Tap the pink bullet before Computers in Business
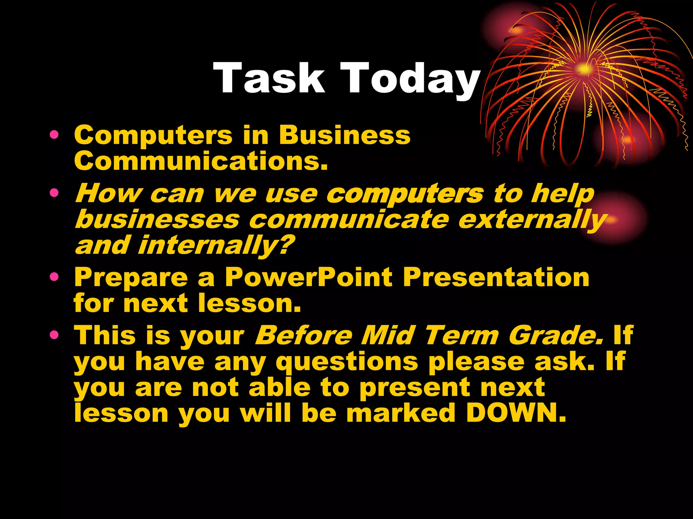coord(54,135)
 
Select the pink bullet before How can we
coord(54,193)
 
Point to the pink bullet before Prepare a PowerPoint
coord(54,277)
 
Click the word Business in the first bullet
coord(344,135)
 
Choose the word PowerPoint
coord(309,277)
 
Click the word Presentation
coord(496,277)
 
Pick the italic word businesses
coord(158,220)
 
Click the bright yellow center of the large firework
coord(583,69)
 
